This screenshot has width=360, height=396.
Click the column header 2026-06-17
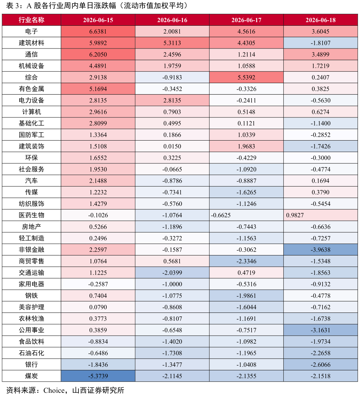coord(246,20)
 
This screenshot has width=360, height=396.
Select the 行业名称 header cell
coord(31,20)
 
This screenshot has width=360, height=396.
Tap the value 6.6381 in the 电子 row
coord(98,31)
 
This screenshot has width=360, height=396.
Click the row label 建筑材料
coord(31,43)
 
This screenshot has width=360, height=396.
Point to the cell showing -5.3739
coord(98,376)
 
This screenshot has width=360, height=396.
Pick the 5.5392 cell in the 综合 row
coord(246,77)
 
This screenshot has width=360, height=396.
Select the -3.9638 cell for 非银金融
coord(321,250)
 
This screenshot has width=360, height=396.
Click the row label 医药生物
coord(31,215)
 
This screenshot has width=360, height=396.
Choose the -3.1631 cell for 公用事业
coord(321,330)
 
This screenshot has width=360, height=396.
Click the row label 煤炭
coord(31,376)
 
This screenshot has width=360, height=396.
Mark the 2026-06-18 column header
coord(321,20)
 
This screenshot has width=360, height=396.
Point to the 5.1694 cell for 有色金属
coord(98,89)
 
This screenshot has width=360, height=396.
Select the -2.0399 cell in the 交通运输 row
coord(172,273)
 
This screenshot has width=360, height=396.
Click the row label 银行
coord(31,365)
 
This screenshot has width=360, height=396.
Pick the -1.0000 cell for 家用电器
coord(172,284)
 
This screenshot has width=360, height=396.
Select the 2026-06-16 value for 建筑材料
coord(172,43)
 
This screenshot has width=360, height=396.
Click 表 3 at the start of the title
coord(12,6)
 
